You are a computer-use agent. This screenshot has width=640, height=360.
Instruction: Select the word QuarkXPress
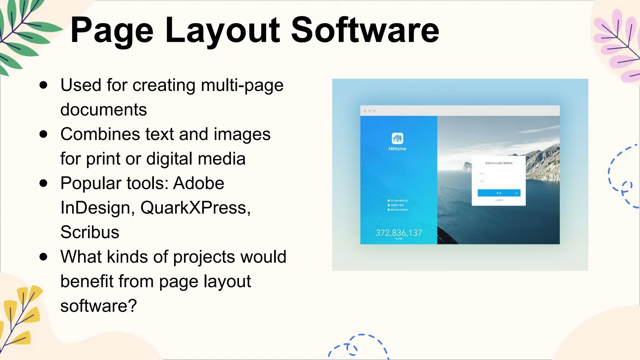195,208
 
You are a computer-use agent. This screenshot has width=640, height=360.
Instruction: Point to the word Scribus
90,232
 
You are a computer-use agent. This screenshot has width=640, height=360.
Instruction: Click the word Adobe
199,183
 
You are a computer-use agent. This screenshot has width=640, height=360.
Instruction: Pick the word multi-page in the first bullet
242,86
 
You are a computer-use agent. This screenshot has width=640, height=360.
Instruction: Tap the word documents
103,110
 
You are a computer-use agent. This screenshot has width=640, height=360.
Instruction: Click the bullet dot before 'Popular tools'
43,183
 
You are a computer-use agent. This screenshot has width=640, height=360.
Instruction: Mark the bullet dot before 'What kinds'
43,257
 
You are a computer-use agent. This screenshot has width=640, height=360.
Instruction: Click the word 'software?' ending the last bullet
99,306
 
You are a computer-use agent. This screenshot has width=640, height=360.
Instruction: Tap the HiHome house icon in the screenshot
397,138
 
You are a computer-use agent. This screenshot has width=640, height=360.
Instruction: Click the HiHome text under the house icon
397,149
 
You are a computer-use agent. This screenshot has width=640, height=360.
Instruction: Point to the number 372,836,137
398,233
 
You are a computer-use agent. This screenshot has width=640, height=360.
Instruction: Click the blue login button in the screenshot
499,193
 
